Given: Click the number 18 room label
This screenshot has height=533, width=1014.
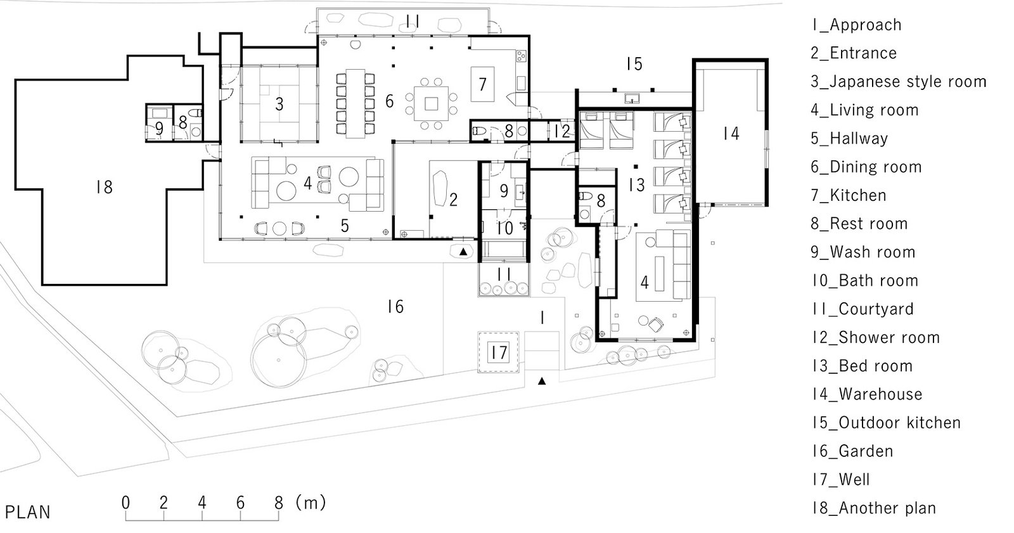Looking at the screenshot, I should pyautogui.click(x=104, y=187).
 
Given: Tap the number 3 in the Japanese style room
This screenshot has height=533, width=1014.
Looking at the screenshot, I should pyautogui.click(x=279, y=104).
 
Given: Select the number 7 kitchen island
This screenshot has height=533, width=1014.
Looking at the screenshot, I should pyautogui.click(x=482, y=84).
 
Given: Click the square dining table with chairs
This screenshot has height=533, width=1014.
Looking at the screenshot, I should pyautogui.click(x=432, y=103).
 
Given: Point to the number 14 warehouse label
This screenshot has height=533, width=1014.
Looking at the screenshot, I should pyautogui.click(x=731, y=134).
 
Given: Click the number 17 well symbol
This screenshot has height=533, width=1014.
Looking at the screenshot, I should pyautogui.click(x=499, y=352).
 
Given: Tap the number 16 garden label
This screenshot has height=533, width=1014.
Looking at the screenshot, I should pyautogui.click(x=395, y=307).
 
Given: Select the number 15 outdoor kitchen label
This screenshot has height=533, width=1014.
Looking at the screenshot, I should pyautogui.click(x=634, y=64).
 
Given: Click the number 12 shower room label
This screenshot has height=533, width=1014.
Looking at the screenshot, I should pyautogui.click(x=562, y=131).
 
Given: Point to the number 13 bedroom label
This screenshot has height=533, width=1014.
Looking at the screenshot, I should pyautogui.click(x=636, y=184).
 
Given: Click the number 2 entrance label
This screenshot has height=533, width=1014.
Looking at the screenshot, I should pyautogui.click(x=453, y=200).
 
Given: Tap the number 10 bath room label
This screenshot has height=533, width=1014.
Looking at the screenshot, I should pyautogui.click(x=504, y=228).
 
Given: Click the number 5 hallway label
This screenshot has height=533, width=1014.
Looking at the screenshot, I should pyautogui.click(x=344, y=226).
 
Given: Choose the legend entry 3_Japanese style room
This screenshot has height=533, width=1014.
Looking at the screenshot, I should pyautogui.click(x=898, y=82).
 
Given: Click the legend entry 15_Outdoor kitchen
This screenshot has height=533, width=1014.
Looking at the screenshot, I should pyautogui.click(x=886, y=423).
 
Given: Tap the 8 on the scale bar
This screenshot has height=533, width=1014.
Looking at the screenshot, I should pyautogui.click(x=278, y=503).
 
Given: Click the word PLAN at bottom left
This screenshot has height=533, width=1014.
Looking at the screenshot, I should pyautogui.click(x=27, y=512).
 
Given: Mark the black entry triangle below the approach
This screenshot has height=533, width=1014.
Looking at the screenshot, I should pyautogui.click(x=542, y=382).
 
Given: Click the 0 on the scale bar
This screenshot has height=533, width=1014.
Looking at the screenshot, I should pyautogui.click(x=125, y=503).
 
